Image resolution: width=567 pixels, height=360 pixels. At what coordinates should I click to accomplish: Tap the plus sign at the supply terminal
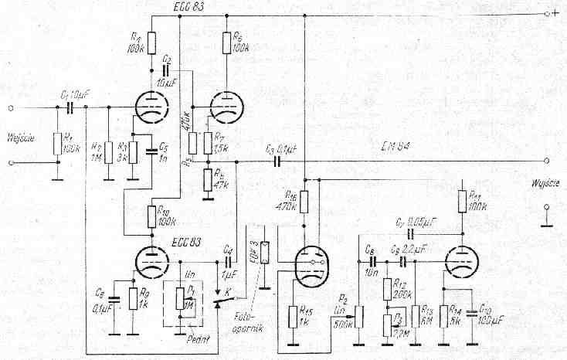(555, 14)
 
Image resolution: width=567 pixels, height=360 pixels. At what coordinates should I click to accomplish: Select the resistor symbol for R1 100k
(57, 143)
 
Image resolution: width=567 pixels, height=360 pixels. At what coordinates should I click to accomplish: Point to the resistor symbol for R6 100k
(226, 44)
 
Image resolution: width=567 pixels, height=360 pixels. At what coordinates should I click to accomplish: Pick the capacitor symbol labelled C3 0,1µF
(276, 161)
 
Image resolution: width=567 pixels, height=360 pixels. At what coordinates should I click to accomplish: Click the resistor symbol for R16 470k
(304, 202)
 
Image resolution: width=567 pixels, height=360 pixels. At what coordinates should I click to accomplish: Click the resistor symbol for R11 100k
(461, 202)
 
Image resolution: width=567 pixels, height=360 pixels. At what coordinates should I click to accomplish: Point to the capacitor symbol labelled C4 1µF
(231, 263)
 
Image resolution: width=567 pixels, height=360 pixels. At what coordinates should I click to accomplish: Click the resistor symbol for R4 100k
(150, 42)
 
